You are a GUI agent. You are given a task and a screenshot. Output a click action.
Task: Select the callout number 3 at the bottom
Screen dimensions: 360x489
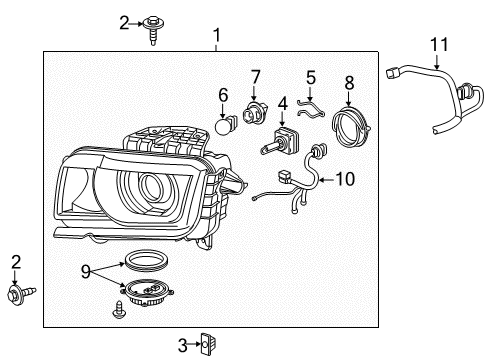coord(183,344)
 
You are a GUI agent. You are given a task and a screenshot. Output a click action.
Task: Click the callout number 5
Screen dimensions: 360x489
coord(311,75)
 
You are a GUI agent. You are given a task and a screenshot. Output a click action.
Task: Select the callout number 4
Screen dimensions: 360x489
coord(283,102)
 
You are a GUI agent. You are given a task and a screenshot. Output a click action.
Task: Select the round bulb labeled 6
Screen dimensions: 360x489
coord(225,126)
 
